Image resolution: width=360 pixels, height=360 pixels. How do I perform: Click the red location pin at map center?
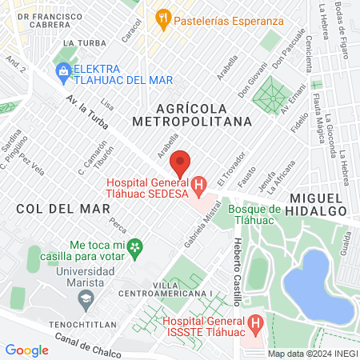tap(180, 163)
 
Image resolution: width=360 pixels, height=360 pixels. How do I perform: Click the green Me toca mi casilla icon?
tap(137, 246)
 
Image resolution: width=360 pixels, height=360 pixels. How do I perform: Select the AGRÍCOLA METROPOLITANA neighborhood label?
tap(192, 114)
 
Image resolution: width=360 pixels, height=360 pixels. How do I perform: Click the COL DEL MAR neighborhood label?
tap(51, 207)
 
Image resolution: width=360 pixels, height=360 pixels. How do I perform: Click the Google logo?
tap(26, 350)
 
